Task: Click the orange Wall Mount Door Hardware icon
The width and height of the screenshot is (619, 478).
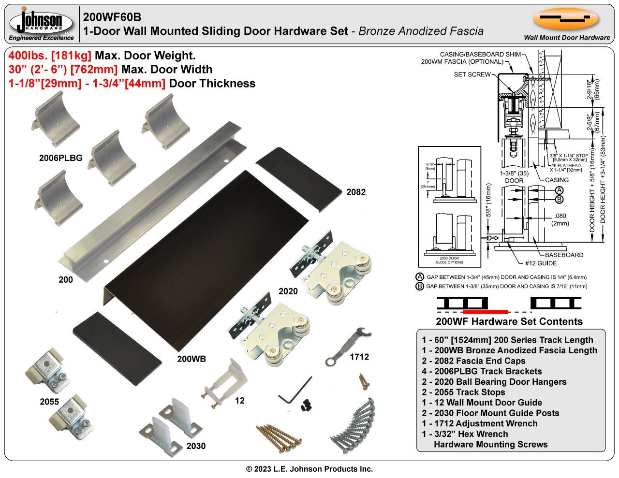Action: pos(566,19)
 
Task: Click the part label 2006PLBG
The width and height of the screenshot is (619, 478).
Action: pos(61,158)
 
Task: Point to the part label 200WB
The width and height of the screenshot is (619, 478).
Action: pos(192,359)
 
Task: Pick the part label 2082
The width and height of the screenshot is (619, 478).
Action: pos(356,192)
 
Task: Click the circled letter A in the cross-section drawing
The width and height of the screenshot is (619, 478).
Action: pos(559,190)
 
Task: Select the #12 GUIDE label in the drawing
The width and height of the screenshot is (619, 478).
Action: pos(541,263)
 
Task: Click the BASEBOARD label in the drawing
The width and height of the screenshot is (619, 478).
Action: pos(564,255)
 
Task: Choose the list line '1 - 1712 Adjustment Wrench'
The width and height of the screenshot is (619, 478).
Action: pos(479,423)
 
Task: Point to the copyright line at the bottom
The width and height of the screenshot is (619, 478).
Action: pos(309,469)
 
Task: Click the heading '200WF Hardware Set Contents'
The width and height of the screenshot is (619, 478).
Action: pos(509,321)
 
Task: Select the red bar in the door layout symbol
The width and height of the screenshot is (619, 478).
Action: pos(485,311)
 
